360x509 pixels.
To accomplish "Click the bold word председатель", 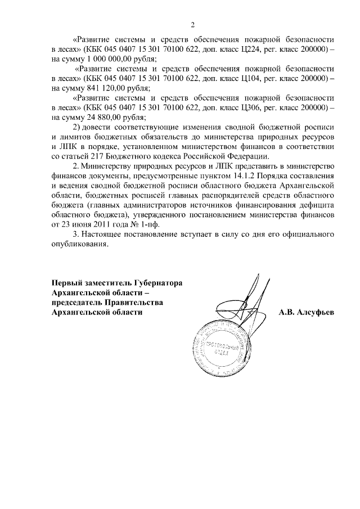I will (x=78, y=303).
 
